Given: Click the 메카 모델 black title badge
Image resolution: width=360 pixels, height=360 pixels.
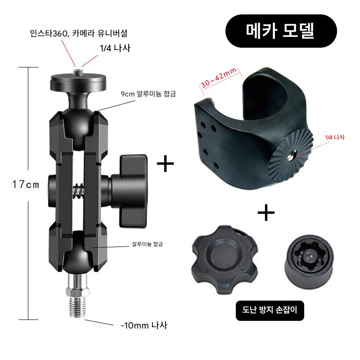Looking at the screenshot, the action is click(281, 31).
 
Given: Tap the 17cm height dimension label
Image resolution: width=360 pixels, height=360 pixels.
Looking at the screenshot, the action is click(26, 184).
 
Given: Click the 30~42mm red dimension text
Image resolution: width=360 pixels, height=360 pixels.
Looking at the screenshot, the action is click(218, 78).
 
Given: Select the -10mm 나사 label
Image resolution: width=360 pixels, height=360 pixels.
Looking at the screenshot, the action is click(144, 325).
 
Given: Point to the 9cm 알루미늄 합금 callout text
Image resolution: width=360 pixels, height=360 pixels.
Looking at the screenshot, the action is click(148, 94).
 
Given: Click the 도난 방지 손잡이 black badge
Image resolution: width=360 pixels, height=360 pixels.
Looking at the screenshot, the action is click(270, 310).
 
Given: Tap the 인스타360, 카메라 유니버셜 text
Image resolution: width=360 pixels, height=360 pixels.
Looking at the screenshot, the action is click(78, 33).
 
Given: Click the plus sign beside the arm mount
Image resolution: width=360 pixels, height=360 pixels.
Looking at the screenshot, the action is click(165, 163).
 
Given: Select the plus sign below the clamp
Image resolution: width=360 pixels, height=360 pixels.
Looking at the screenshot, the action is click(266, 212).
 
